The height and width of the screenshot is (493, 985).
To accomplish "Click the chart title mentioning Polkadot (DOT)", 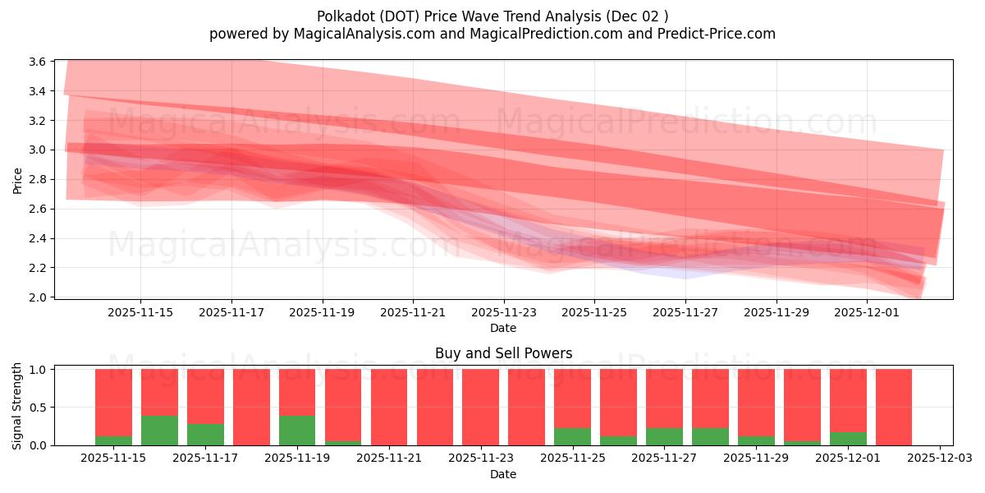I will tap(492, 16).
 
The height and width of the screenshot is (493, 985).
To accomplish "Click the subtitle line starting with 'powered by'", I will tap(492, 34).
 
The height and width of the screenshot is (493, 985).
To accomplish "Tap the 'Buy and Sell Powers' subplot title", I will tap(503, 354).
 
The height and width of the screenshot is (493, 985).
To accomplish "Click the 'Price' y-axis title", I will tap(18, 179).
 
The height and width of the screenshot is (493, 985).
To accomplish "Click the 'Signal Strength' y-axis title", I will tap(18, 405).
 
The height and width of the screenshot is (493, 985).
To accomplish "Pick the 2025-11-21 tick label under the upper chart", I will tap(413, 312).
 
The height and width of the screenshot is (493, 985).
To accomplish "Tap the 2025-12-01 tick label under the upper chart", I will tap(868, 312).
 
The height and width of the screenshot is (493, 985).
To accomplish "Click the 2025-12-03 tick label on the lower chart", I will tap(939, 458).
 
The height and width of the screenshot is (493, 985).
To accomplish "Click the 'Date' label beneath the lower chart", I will tap(503, 474).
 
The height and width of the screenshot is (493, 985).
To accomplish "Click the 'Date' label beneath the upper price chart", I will tap(503, 328).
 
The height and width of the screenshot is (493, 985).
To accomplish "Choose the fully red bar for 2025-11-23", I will tap(480, 407).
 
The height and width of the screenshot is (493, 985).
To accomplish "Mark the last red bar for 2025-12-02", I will tap(894, 407).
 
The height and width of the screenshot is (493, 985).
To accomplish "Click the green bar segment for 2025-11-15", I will tap(113, 441).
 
